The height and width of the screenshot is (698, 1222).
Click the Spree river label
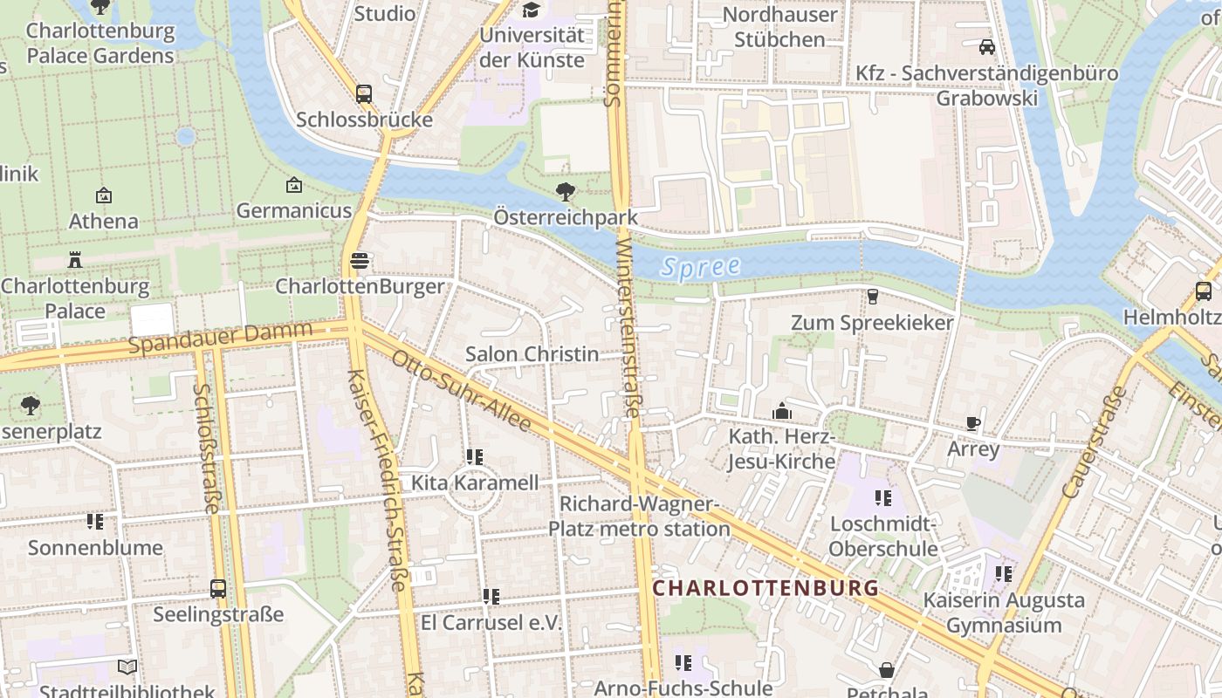tap(700, 267)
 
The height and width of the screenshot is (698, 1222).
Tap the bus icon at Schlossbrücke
tap(364, 94)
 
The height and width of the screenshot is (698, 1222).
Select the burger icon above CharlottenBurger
tap(359, 260)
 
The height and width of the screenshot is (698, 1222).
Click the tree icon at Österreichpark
tap(566, 191)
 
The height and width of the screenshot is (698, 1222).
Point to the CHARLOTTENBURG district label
tap(765, 588)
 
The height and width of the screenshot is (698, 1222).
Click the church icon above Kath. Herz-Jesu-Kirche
tap(781, 410)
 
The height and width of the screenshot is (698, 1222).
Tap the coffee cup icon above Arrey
tap(973, 424)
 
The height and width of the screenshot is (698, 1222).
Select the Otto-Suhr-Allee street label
tap(461, 391)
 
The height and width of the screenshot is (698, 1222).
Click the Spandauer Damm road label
tap(219, 337)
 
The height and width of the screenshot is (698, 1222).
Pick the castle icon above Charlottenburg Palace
tap(74, 260)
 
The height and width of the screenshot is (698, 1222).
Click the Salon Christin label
tap(532, 353)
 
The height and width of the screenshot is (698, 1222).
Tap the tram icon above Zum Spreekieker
tap(872, 297)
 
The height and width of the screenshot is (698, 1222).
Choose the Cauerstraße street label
tap(1095, 442)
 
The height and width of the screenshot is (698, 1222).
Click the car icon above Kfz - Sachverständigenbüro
tap(987, 47)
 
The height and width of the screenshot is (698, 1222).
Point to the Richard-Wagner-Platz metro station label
tap(639, 517)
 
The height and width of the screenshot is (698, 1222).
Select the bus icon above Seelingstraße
tap(218, 589)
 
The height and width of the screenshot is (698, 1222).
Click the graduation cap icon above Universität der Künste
tap(531, 10)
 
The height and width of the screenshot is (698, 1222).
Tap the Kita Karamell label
tap(475, 482)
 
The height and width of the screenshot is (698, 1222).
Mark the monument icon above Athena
tap(104, 195)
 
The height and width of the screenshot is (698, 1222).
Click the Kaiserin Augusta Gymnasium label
tap(1004, 612)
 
